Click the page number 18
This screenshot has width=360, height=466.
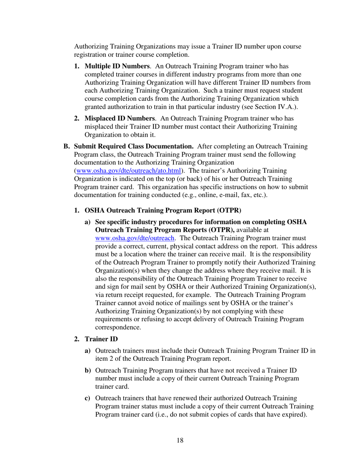click(180, 440)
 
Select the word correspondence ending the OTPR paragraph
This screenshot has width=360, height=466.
click(118, 327)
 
